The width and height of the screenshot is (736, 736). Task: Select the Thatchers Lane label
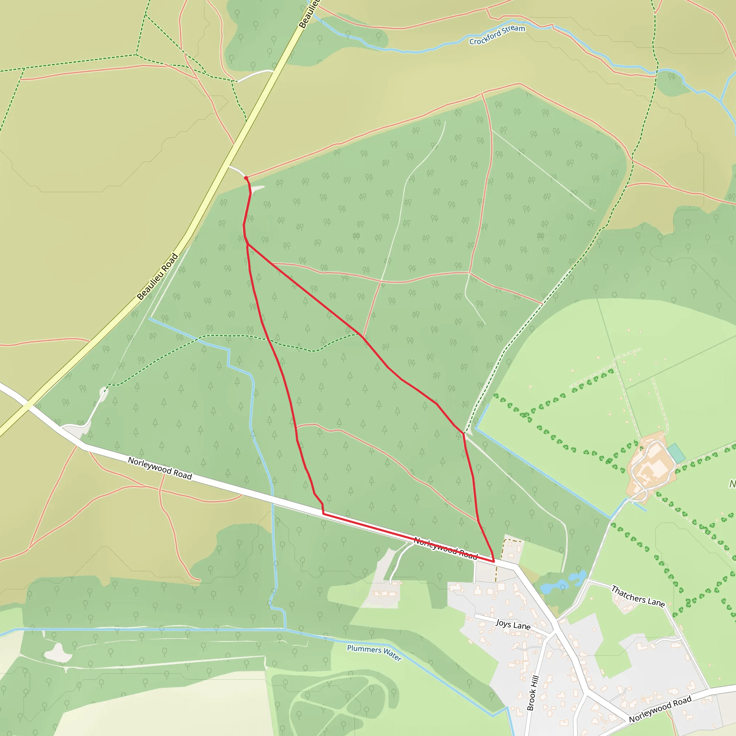coord(638,597)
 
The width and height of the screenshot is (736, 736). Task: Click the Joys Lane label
coord(513,625)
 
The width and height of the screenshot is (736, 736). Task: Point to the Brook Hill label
coord(533,693)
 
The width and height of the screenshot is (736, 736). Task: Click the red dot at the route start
coord(246,178)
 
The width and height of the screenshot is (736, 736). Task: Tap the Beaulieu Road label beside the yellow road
coord(157,277)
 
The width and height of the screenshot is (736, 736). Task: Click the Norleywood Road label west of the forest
coord(160,468)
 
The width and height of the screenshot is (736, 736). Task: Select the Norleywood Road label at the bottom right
coord(660,709)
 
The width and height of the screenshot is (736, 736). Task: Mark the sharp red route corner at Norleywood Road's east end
coord(494,561)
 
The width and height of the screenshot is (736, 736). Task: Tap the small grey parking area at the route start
coord(258,189)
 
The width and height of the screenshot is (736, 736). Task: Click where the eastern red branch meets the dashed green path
coord(464,433)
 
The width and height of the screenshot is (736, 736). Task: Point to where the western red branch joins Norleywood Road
coord(323,514)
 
